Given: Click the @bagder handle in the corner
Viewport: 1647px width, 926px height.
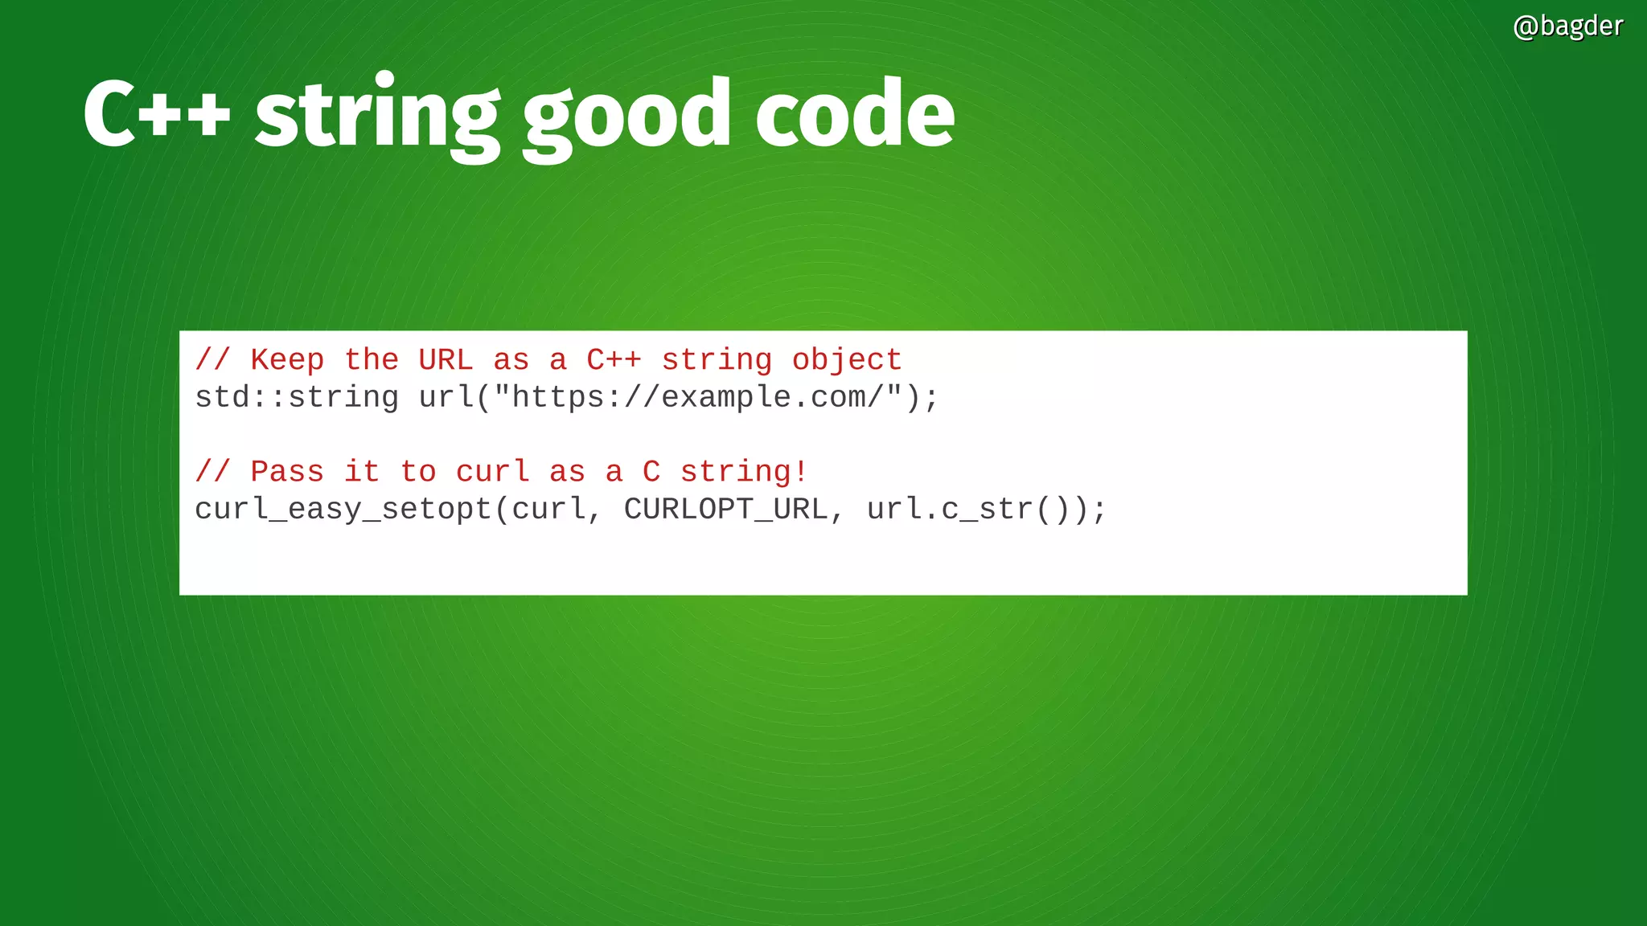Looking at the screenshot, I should coord(1567,27).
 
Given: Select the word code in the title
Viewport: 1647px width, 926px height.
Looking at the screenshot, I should coord(855,113).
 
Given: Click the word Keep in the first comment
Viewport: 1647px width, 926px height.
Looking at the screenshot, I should coord(287,359).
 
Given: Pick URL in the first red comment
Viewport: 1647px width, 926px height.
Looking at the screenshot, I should coord(446,359).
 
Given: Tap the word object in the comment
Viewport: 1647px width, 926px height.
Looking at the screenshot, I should coord(847,360).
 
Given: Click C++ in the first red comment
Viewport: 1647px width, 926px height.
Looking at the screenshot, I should coord(614,359).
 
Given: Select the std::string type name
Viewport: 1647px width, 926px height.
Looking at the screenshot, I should coord(297,397).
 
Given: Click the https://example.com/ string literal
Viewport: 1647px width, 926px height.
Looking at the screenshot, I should coord(697,397).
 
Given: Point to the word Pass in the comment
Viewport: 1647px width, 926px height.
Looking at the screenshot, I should coord(287,471).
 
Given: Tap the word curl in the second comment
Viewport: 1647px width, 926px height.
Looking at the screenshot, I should coord(493,471).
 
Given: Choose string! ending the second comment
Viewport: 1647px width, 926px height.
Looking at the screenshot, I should coord(744,472).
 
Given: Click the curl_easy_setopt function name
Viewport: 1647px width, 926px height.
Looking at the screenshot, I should coord(343,510).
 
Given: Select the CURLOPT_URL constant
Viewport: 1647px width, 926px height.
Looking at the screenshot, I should coord(725,510).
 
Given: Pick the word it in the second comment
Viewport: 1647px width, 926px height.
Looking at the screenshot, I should coord(362,471).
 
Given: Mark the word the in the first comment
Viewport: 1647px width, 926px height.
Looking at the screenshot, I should coord(372,359).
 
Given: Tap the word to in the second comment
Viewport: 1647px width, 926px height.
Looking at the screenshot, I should coord(418,471).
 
